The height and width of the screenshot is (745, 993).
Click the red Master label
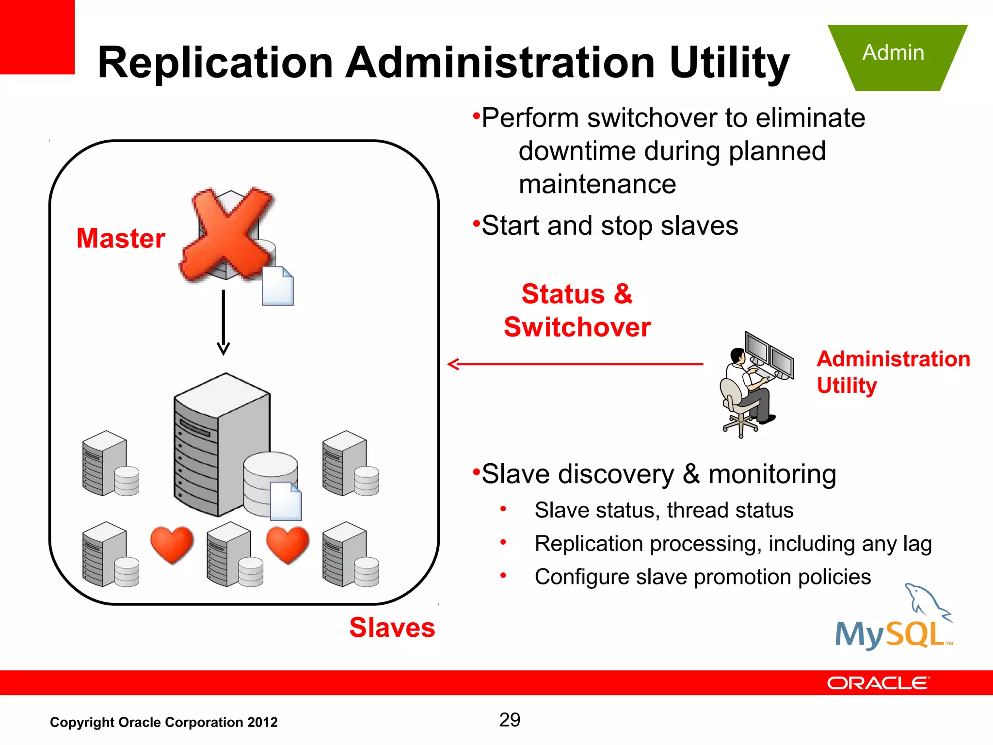point(121,238)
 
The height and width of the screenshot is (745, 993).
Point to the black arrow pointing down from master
point(224,322)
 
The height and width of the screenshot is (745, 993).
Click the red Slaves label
point(392,628)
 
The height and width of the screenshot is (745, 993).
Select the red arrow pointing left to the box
point(575,364)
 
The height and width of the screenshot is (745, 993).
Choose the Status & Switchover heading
point(577,310)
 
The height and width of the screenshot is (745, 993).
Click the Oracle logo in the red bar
point(878,683)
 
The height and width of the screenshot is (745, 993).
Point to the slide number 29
point(510,720)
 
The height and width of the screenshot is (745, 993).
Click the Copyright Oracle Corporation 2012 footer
point(164,722)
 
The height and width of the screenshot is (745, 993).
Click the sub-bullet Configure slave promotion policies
point(703,577)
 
